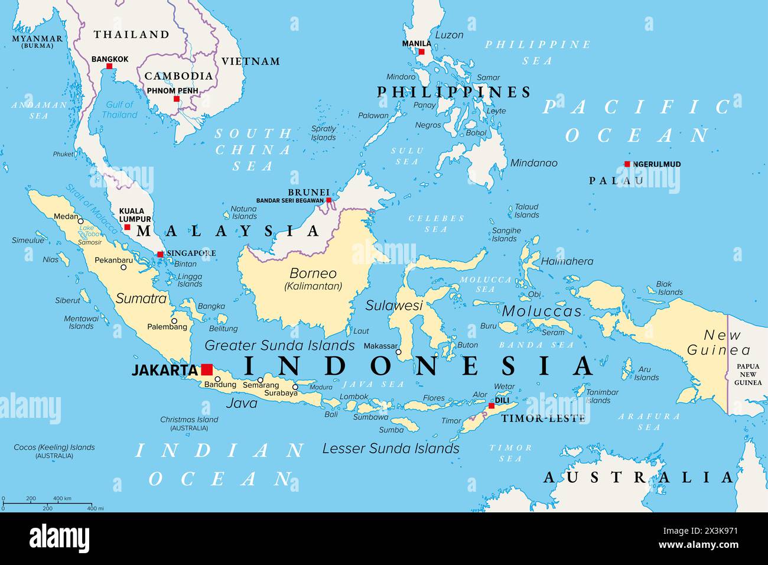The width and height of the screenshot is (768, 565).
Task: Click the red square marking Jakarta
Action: [207, 369]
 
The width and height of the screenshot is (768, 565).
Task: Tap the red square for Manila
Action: [422, 52]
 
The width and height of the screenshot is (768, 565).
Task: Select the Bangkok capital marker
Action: [110, 67]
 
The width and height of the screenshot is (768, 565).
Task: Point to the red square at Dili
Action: [491, 406]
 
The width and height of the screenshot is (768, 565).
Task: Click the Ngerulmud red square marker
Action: [627, 164]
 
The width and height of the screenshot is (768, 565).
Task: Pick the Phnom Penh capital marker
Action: [176, 99]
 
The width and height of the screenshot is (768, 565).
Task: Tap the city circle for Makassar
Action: [398, 352]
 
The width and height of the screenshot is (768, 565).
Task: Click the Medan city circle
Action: [81, 220]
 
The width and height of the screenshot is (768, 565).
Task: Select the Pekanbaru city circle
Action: [123, 267]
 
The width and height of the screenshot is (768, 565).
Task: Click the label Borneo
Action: [313, 274]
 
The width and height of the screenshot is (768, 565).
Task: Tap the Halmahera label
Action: [567, 261]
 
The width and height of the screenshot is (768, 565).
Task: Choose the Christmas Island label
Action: [189, 420]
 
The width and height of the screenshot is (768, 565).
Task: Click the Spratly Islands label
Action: [323, 133]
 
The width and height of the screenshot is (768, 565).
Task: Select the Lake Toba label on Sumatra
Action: [86, 230]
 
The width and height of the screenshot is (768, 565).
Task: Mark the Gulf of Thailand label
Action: [119, 109]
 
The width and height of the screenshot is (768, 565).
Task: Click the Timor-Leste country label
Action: [543, 418]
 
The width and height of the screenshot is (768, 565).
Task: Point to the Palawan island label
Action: [373, 116]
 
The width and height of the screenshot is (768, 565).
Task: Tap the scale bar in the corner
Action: [47, 504]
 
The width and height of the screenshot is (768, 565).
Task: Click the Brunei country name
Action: [308, 192]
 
